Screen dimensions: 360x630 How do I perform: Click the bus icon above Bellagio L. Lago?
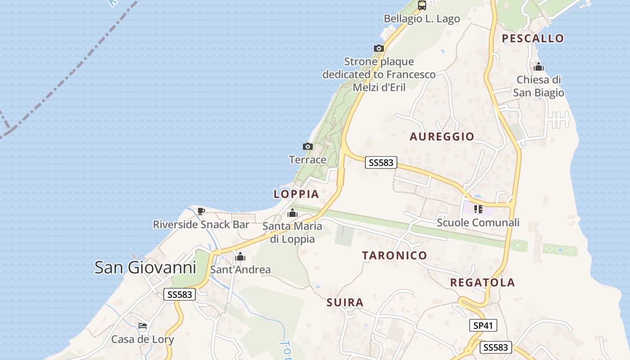[422, 5]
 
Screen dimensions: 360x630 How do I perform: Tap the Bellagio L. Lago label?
[422, 19]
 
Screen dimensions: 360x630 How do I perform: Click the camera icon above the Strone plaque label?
[379, 49]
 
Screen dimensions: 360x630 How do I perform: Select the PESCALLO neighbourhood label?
[533, 38]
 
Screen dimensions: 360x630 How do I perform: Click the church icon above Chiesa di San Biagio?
[538, 67]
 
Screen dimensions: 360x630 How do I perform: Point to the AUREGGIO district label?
[442, 136]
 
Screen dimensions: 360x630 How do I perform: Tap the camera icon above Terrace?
[308, 146]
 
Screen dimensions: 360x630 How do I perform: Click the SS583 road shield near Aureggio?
[381, 162]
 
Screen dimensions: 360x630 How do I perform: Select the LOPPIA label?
[296, 194]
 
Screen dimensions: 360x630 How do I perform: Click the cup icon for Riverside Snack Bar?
[201, 211]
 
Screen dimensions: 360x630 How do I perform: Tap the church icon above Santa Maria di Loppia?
[292, 213]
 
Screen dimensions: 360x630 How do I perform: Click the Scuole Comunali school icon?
[478, 209]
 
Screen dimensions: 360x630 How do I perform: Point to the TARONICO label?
[395, 255]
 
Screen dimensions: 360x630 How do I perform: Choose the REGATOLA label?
[482, 282]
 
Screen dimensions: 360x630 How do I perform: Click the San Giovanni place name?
[145, 268]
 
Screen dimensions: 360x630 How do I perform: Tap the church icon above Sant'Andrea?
[240, 257]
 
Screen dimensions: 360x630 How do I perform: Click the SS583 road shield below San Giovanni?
[180, 295]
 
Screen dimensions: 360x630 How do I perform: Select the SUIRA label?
[345, 302]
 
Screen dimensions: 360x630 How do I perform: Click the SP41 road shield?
[483, 325]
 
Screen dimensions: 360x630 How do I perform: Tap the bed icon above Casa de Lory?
[143, 326]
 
